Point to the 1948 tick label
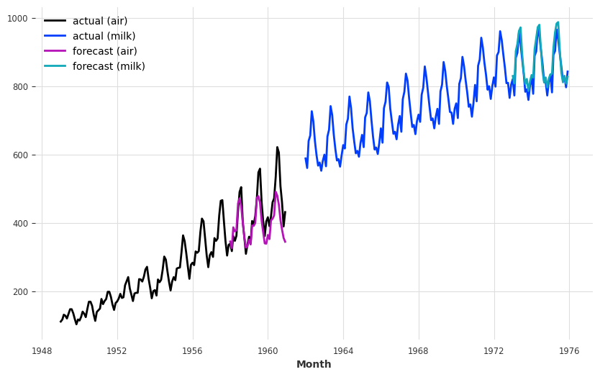pyautogui.click(x=42, y=351)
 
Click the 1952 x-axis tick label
pyautogui.click(x=117, y=351)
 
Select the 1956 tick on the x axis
pyautogui.click(x=193, y=351)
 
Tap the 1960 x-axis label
pyautogui.click(x=268, y=351)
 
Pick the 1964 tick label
pyautogui.click(x=343, y=351)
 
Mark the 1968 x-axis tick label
pyautogui.click(x=419, y=351)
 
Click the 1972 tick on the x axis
pyautogui.click(x=494, y=351)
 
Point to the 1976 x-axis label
pyautogui.click(x=569, y=351)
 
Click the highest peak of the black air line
pyautogui.click(x=277, y=147)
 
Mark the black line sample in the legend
pyautogui.click(x=55, y=22)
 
